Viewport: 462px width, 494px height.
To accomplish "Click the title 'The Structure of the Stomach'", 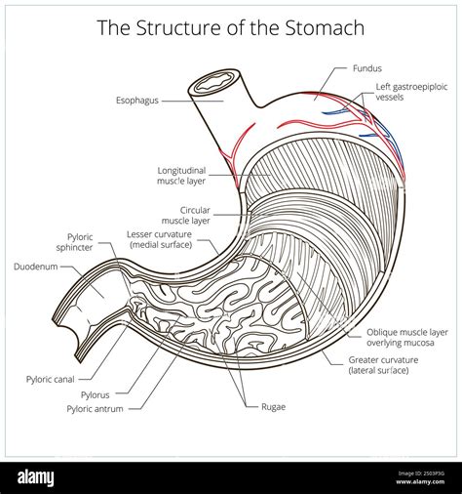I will tap(231, 26).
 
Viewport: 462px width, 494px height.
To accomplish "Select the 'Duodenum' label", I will tap(35, 266).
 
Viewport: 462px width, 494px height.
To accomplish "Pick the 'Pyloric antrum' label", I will tap(95, 409).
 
